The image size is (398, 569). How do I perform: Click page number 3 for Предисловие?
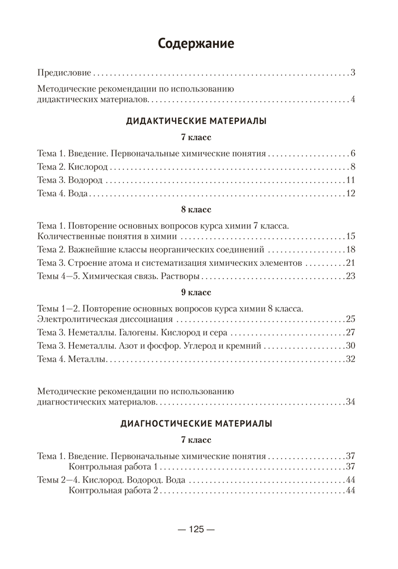coord(353,73)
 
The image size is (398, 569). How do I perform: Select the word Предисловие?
coord(64,73)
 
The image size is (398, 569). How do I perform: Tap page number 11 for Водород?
coord(350,180)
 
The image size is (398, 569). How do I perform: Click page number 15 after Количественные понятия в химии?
coord(350,236)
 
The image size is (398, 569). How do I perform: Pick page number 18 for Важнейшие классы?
coord(350,249)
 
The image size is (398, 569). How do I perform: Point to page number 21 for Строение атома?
coord(350,263)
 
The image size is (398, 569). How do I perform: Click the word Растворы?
coord(181,276)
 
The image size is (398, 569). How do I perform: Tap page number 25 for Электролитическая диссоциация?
coord(350,318)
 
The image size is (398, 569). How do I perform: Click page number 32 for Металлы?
coord(350,358)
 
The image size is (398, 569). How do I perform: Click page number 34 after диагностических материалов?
coord(350,402)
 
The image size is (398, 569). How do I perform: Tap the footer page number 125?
coord(196,529)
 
